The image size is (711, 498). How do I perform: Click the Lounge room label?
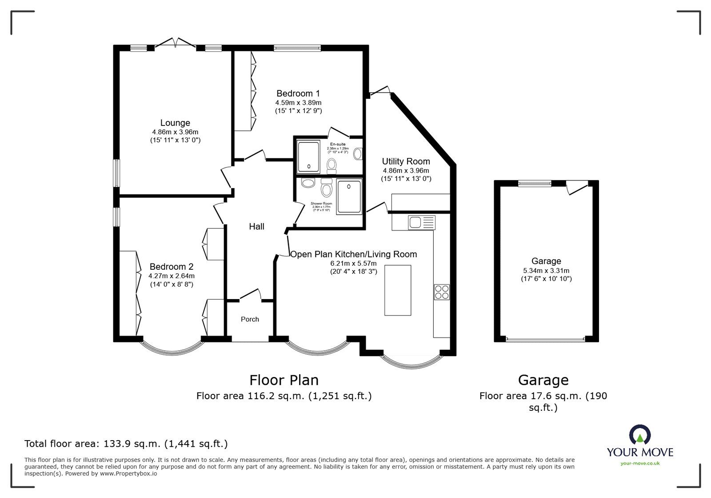(x=175, y=123)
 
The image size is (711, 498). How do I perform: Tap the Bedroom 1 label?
(x=298, y=93)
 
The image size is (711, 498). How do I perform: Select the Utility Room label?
(x=406, y=161)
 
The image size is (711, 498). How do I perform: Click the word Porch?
(x=250, y=319)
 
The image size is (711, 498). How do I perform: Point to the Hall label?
(x=256, y=227)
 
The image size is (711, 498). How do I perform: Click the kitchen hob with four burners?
(x=442, y=292)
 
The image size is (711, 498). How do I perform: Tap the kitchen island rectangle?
(x=398, y=290)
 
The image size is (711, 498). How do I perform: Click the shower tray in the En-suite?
(x=308, y=157)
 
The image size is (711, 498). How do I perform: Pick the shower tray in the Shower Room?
(x=350, y=197)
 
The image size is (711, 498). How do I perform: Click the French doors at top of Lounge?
(x=175, y=43)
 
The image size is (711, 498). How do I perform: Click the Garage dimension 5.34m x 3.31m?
(x=546, y=271)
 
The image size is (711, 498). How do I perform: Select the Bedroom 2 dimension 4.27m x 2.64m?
(x=171, y=276)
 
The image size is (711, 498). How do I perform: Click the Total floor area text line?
(x=126, y=444)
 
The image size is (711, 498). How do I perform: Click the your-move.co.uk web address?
(x=640, y=464)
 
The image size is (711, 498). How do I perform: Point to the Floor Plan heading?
(x=284, y=380)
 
